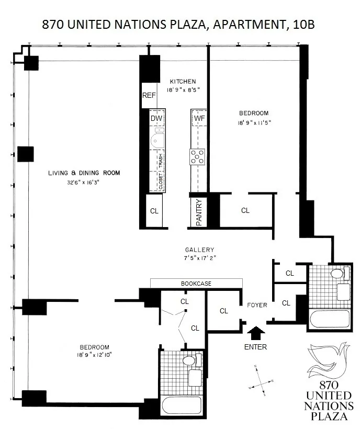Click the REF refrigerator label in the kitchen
click(149, 96)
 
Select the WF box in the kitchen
click(199, 119)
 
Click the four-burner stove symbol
click(198, 156)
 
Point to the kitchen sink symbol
click(156, 140)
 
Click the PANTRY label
click(199, 212)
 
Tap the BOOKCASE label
click(196, 283)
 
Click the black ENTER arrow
click(255, 332)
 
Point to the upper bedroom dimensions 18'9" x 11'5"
click(253, 123)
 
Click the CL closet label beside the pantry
click(245, 210)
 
